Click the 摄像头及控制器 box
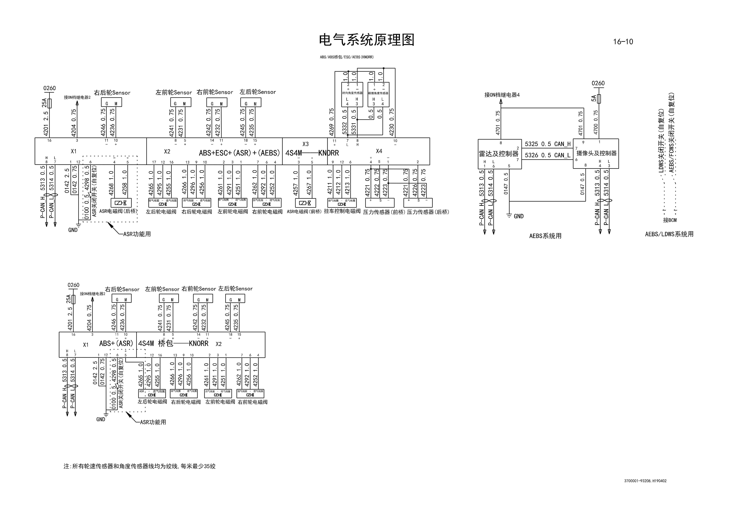pyautogui.click(x=596, y=153)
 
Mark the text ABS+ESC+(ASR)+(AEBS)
pyautogui.click(x=239, y=153)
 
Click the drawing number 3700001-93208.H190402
pyautogui.click(x=645, y=481)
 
